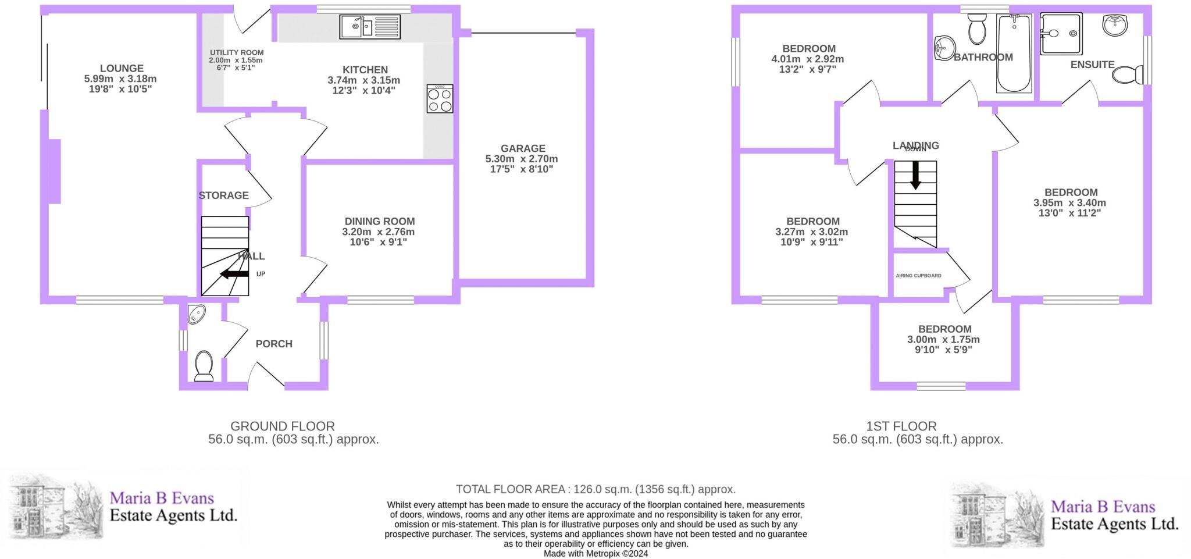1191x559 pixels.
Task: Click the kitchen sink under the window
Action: (x=369, y=27)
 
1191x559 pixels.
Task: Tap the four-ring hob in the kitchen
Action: (x=440, y=98)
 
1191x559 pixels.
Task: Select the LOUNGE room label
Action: (x=121, y=68)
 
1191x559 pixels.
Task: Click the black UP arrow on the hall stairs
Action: (x=234, y=273)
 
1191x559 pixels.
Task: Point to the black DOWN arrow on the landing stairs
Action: (x=915, y=175)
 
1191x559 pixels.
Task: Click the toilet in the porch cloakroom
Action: (x=204, y=365)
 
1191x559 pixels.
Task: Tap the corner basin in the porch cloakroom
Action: (x=197, y=315)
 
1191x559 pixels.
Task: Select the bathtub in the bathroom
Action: (x=1014, y=54)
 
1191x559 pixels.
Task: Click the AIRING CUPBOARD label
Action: (x=918, y=276)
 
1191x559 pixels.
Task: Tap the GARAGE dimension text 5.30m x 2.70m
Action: (x=522, y=159)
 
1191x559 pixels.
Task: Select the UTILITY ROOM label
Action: (x=236, y=52)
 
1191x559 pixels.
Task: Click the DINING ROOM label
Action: (x=379, y=221)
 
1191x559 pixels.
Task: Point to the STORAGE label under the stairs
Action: (x=223, y=195)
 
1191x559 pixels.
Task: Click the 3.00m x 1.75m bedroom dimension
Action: (x=943, y=340)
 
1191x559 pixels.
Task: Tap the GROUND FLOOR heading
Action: (x=283, y=426)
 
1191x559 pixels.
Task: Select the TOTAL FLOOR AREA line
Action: (x=595, y=489)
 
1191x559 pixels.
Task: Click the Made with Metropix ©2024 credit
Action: (x=595, y=554)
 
